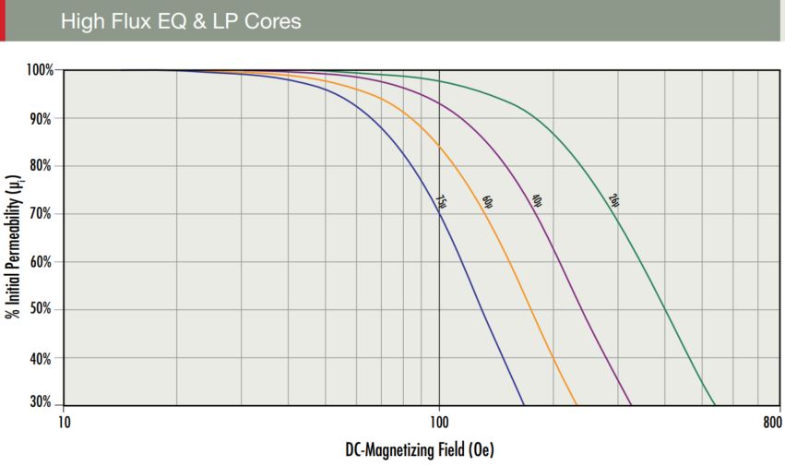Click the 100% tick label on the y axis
41,70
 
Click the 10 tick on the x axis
64,424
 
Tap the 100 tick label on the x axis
439,424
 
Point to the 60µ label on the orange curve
488,201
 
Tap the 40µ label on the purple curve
536,201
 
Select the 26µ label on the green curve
613,201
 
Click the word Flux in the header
130,20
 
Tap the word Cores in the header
269,20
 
